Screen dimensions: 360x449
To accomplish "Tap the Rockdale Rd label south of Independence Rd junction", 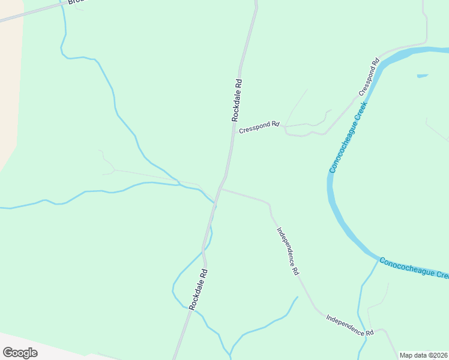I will [x=198, y=289].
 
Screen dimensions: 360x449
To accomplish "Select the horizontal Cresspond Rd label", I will [x=259, y=128].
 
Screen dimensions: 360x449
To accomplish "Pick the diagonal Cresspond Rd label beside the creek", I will [x=369, y=77].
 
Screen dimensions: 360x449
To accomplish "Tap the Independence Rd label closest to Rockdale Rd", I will [x=288, y=251].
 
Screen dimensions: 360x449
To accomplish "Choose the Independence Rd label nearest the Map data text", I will [x=350, y=325].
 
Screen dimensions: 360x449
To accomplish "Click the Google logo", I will [x=20, y=352].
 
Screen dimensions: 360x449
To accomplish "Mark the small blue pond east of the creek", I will [x=422, y=76].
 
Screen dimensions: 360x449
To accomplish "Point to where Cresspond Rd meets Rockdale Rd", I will [x=232, y=131].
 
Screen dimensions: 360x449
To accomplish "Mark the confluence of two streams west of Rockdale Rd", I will [x=178, y=184].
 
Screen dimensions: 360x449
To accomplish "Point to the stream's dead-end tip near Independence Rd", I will [x=297, y=296].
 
